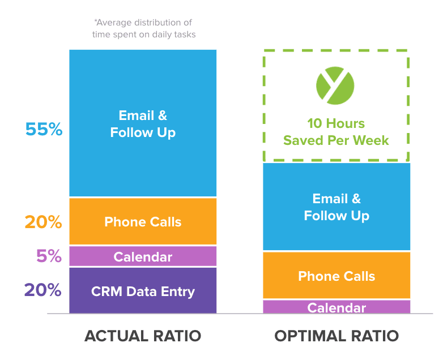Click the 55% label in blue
[44, 130]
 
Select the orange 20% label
[43, 222]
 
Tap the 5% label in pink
[49, 256]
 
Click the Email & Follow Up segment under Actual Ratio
[143, 123]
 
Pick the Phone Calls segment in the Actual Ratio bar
[143, 221]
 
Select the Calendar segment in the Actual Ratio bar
[143, 256]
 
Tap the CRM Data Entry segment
[143, 291]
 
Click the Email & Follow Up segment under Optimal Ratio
[336, 207]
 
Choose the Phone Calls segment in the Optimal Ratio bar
[336, 276]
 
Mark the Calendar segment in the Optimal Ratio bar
[336, 307]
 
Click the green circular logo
[335, 85]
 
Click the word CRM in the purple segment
[104, 292]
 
